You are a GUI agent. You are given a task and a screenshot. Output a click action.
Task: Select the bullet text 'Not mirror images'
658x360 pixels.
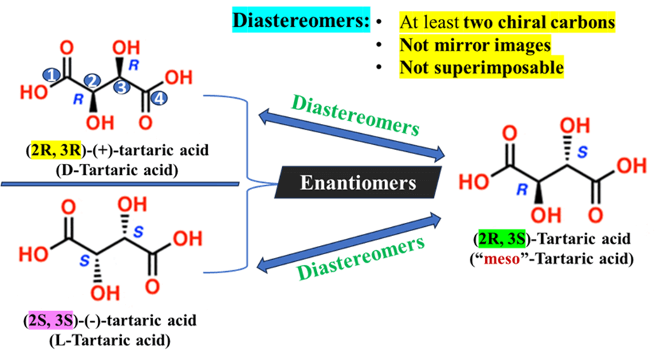[475, 46]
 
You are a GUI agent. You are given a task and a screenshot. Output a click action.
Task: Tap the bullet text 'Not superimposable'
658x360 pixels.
[482, 68]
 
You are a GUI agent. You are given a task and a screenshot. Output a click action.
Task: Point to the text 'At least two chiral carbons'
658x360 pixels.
[507, 22]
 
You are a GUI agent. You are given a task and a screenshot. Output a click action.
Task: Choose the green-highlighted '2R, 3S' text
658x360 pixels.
[498, 240]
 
